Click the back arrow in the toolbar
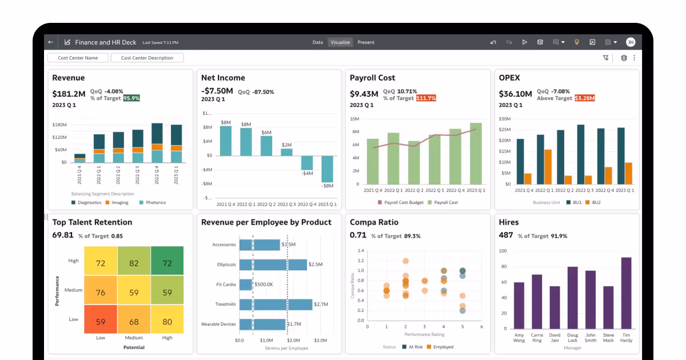point(51,42)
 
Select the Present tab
point(366,42)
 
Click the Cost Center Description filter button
point(147,58)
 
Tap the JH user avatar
point(630,42)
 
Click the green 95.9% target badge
point(131,98)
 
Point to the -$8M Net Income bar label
point(327,186)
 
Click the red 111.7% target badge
point(425,98)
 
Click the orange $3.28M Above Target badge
point(584,98)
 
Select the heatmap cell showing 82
point(134,263)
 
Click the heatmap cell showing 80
point(167,322)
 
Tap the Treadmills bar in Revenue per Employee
point(276,305)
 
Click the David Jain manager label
point(555,337)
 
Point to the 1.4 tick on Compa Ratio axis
point(360,251)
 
